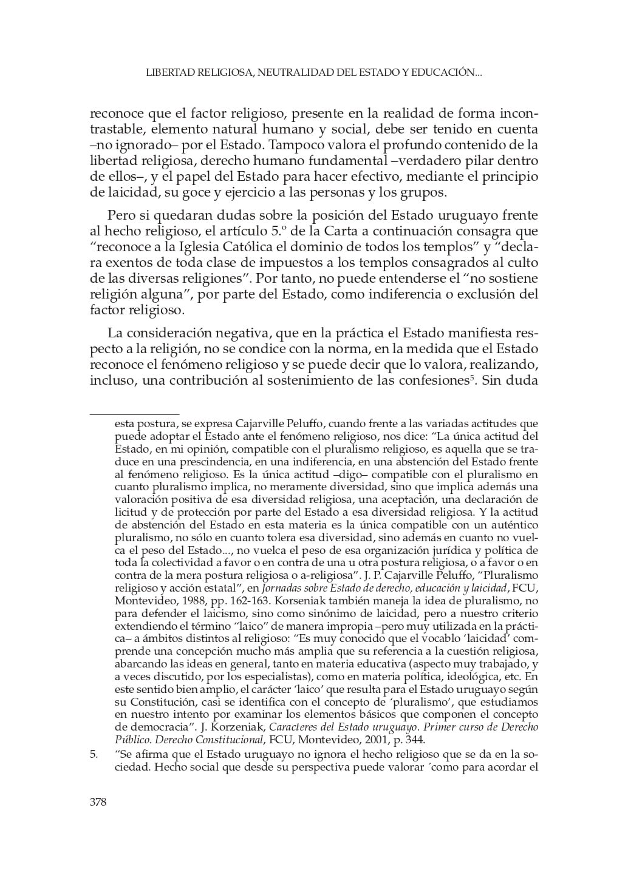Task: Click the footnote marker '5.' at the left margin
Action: click(94, 754)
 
